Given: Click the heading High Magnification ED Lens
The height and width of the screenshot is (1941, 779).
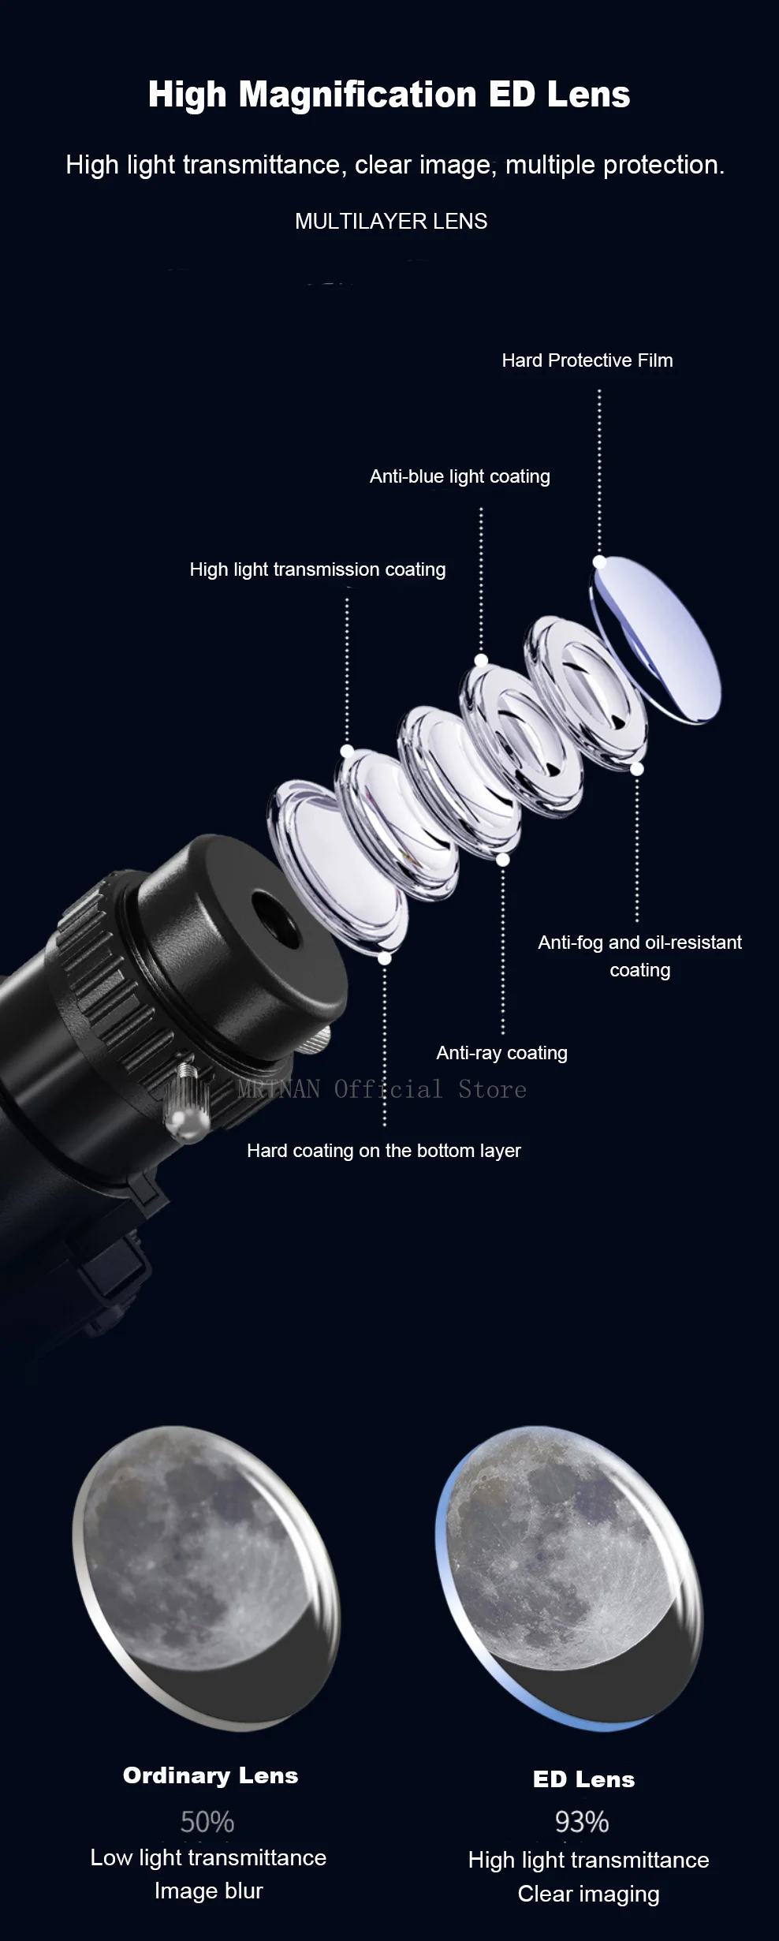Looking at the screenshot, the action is tap(389, 95).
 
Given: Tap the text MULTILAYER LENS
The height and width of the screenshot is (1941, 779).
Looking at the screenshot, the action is tap(391, 222).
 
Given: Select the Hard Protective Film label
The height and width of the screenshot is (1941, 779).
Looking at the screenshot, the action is tap(587, 360).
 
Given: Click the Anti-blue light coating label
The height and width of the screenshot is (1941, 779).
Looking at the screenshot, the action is tap(460, 476).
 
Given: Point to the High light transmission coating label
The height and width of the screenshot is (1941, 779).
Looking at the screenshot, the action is tap(318, 569).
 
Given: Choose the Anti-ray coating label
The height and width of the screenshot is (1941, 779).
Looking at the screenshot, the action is tap(502, 1053).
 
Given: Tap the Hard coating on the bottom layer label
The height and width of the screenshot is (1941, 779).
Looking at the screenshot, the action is tap(384, 1151).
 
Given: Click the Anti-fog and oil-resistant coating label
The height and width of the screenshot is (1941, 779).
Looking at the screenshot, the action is tap(640, 956).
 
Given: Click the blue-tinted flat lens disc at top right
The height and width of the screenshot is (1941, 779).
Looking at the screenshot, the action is tap(656, 639).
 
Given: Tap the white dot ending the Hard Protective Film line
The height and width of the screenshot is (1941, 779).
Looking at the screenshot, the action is tap(600, 562).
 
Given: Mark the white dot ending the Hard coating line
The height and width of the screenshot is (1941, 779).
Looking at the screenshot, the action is tap(385, 958).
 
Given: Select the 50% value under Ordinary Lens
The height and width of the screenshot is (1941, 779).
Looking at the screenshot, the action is tap(207, 1822).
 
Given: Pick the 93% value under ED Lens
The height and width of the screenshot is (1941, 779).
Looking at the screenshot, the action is tap(582, 1822).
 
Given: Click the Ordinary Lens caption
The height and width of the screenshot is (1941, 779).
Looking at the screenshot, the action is tap(211, 1775).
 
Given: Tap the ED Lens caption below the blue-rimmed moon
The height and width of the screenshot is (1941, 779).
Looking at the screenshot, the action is tap(584, 1779).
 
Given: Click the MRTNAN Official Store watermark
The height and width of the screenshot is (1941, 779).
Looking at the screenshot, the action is tap(382, 1089).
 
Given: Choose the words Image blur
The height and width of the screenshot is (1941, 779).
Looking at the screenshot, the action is tap(209, 1891).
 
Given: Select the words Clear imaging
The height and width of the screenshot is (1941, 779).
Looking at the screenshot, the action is tap(589, 1894).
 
